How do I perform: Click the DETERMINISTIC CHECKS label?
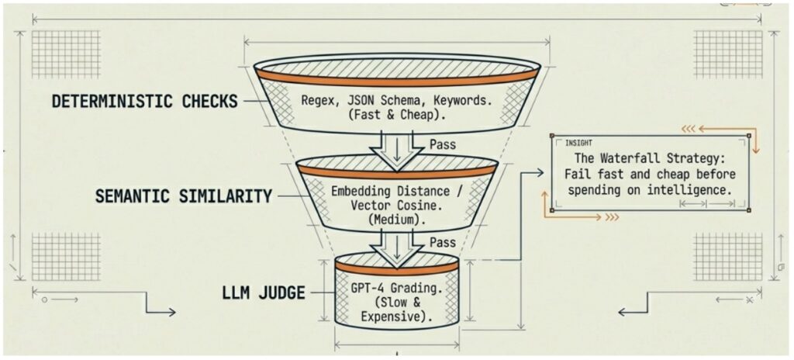point(144,102)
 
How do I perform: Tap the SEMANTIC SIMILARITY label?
point(183,196)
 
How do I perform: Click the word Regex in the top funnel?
point(319,100)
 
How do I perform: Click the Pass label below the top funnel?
point(443,144)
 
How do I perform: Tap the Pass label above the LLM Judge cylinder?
point(443,243)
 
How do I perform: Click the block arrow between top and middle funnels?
point(397,146)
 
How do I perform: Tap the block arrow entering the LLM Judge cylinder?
point(397,244)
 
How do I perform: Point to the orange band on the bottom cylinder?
point(397,268)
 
